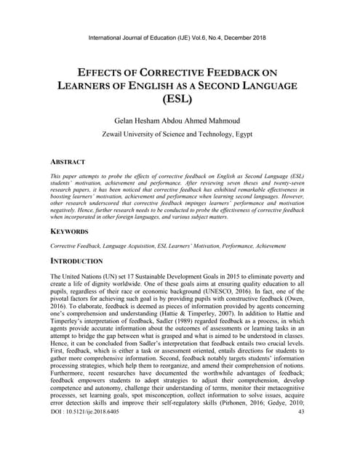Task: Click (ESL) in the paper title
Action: (x=180, y=100)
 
